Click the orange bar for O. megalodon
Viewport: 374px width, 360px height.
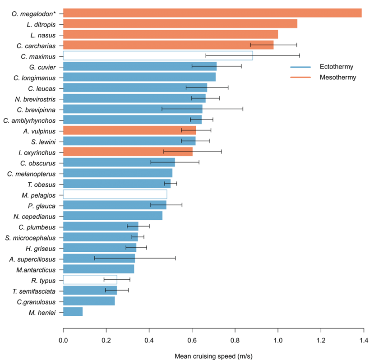click(x=212, y=13)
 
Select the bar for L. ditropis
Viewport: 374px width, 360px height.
click(x=180, y=23)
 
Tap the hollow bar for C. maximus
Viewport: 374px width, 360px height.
click(x=157, y=55)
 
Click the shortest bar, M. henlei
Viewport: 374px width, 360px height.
click(x=73, y=311)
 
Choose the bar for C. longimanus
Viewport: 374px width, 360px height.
click(x=139, y=77)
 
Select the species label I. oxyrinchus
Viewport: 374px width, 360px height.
click(x=38, y=152)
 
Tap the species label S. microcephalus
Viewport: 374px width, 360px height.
click(x=31, y=237)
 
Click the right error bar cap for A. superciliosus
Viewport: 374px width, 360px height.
click(x=175, y=258)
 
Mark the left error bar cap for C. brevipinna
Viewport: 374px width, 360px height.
click(x=162, y=109)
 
